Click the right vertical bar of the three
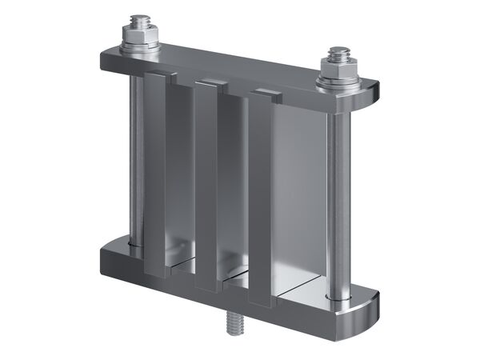[x=261, y=200]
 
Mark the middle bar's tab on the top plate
[x=211, y=84]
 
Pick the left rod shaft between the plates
[x=134, y=152]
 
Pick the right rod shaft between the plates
[x=338, y=192]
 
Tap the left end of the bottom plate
[x=105, y=256]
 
